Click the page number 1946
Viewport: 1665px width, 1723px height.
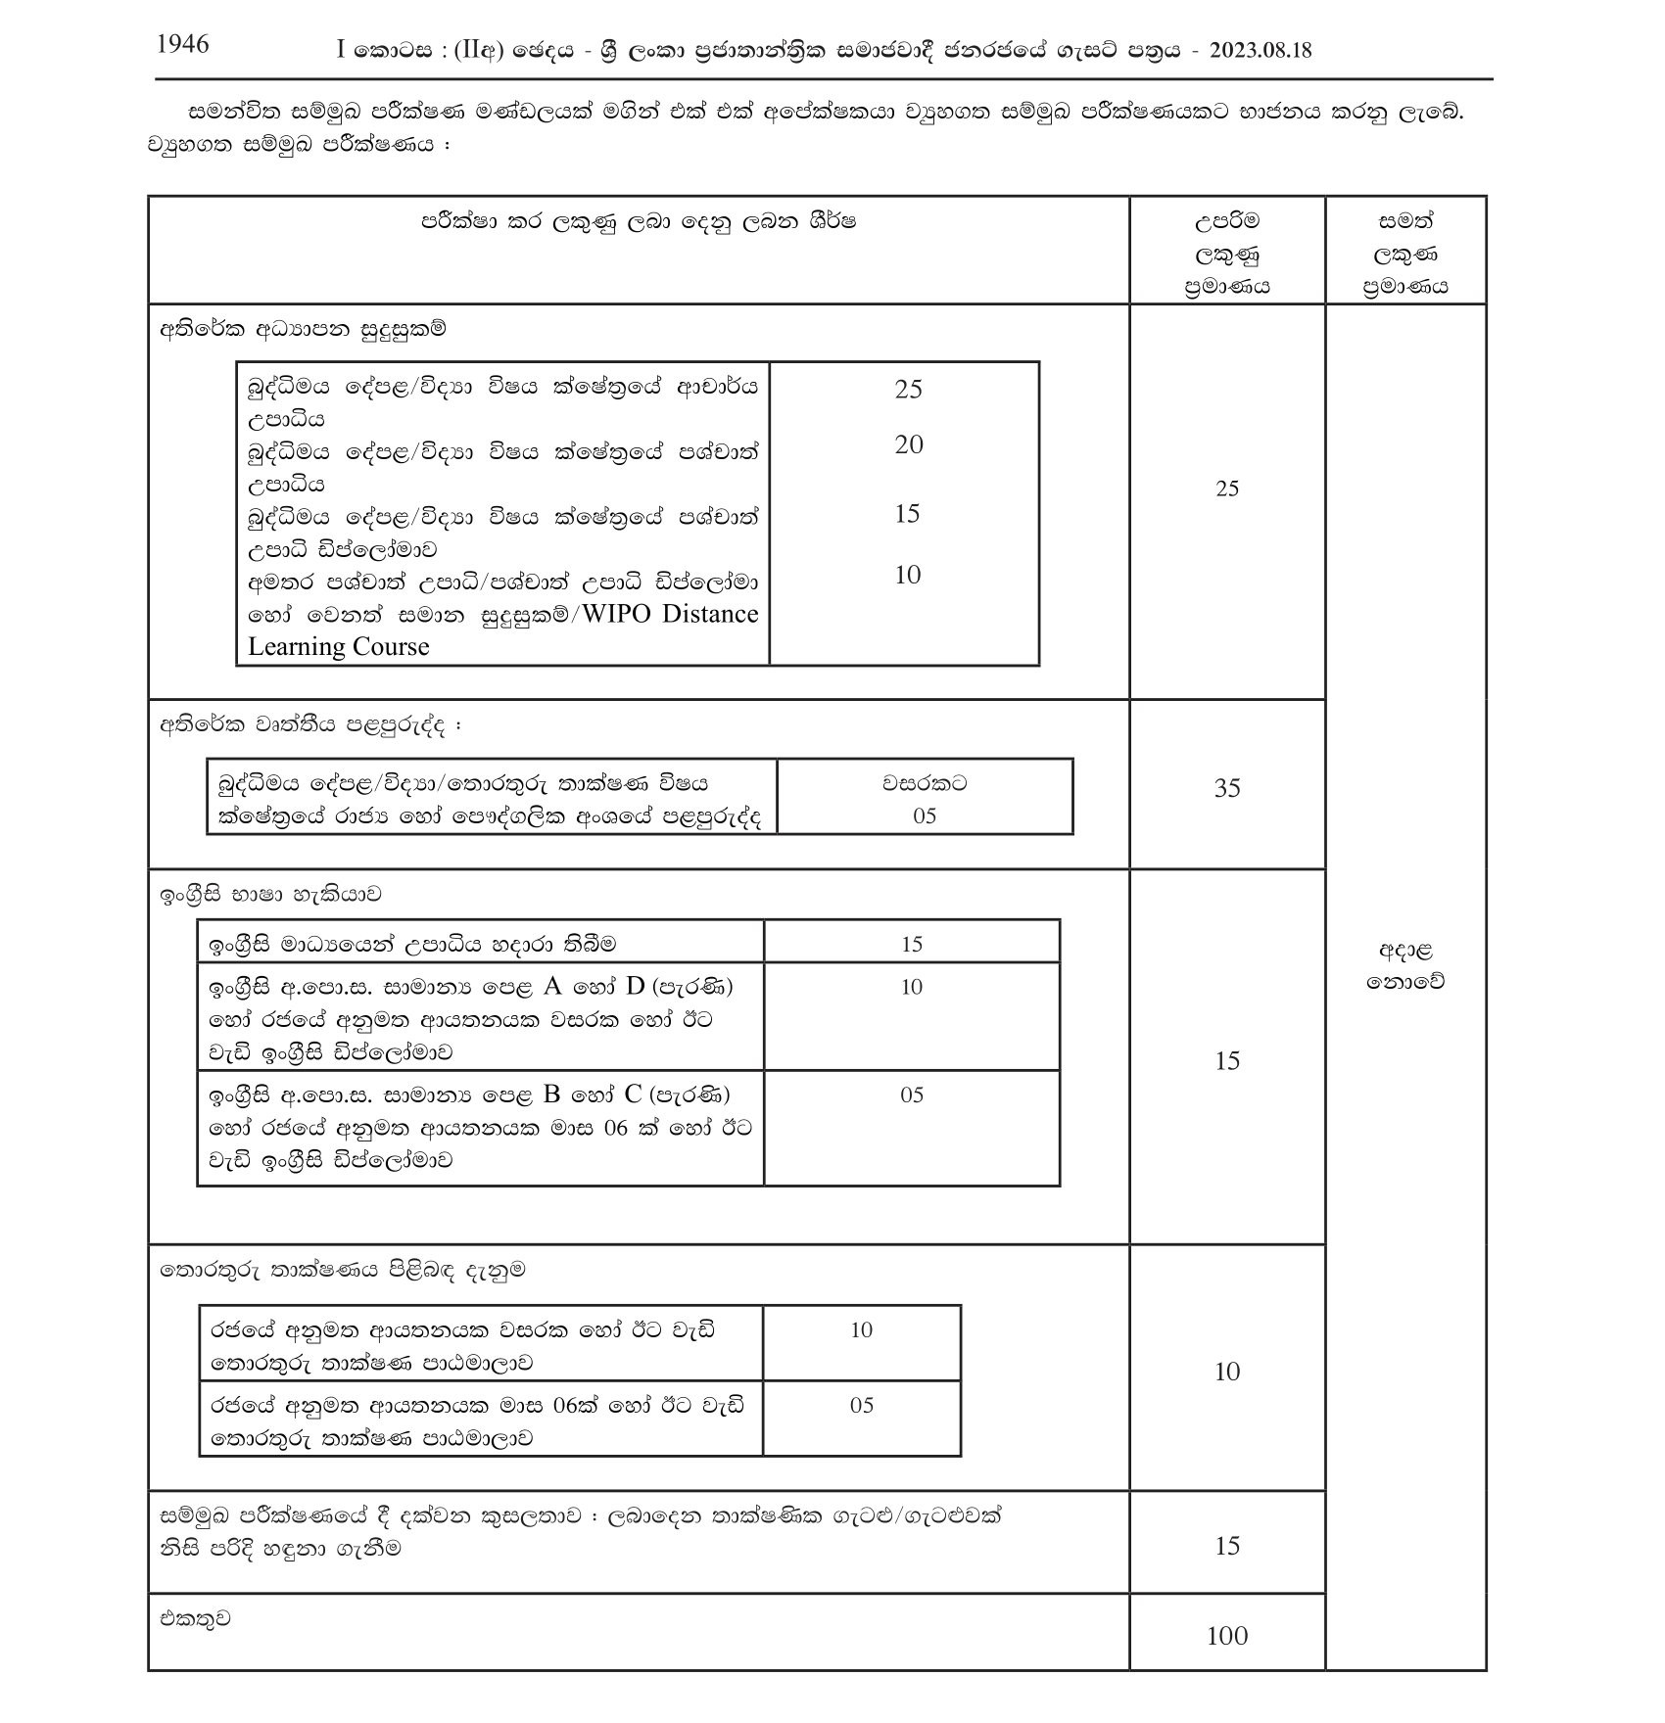pyautogui.click(x=182, y=44)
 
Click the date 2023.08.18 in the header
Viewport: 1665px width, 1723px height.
pyautogui.click(x=1261, y=51)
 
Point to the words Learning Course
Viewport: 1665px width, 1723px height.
pyautogui.click(x=338, y=646)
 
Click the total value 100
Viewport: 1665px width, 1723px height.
pyautogui.click(x=1226, y=1635)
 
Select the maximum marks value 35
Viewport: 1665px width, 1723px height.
pyautogui.click(x=1226, y=787)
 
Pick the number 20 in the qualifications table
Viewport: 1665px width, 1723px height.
pyautogui.click(x=908, y=444)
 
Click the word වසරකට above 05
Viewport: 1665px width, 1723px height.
pyautogui.click(x=925, y=783)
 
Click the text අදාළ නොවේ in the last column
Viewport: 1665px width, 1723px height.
pyautogui.click(x=1404, y=965)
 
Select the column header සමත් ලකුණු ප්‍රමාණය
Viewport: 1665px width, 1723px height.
pyautogui.click(x=1404, y=255)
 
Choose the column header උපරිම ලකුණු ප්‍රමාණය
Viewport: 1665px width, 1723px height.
pyautogui.click(x=1226, y=255)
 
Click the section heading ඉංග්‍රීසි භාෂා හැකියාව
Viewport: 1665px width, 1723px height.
pyautogui.click(x=271, y=895)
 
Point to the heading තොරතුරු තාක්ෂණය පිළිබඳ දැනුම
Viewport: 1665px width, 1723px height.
pyautogui.click(x=343, y=1271)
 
